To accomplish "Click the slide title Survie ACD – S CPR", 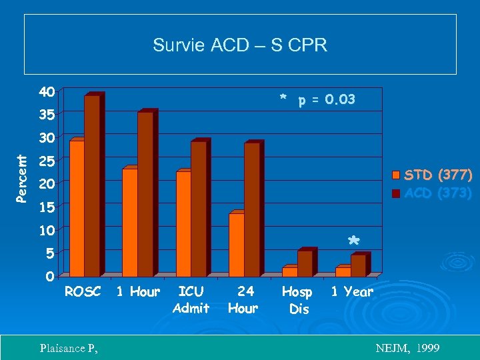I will click(240, 45).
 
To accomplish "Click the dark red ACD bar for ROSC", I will click(92, 185).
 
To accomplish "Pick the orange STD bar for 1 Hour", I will click(129, 222).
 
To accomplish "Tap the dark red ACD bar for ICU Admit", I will click(198, 208).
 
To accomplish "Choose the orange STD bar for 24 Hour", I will click(236, 244).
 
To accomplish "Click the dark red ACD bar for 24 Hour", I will click(251, 209).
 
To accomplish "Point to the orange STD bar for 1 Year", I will click(343, 271).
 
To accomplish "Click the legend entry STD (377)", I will click(433, 175).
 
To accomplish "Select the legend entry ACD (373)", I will click(433, 193).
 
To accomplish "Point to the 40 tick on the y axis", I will click(46, 91).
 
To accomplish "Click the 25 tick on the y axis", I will click(46, 161).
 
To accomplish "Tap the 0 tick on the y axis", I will click(50, 275).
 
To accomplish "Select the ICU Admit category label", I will click(191, 299).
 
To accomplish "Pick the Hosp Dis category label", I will click(297, 299).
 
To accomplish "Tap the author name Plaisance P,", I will click(69, 348).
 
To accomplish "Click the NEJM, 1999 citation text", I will click(407, 348).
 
